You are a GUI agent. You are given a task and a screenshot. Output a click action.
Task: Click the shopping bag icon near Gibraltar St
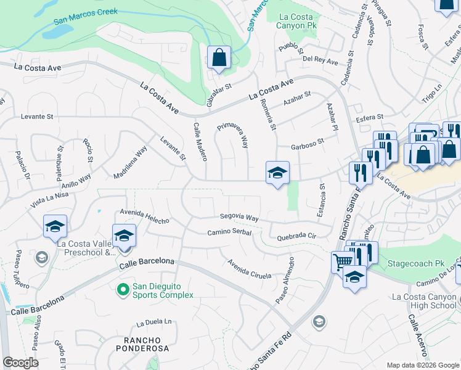219,59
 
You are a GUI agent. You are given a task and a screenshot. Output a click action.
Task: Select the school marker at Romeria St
277,173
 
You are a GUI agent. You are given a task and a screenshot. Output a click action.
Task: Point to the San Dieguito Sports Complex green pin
123,288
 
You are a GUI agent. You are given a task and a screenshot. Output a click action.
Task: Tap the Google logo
21,363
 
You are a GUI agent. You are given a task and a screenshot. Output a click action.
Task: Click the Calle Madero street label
200,142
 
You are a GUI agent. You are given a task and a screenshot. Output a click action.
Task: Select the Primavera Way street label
233,134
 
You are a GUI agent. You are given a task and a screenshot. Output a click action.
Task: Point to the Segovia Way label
240,217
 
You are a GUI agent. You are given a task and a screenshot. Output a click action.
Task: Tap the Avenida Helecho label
144,216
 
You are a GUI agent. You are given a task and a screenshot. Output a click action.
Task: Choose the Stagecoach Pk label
416,263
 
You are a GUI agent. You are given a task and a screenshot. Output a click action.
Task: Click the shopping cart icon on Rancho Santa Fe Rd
343,261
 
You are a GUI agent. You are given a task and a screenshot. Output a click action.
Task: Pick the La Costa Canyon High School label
424,301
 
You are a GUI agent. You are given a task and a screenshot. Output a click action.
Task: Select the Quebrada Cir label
296,236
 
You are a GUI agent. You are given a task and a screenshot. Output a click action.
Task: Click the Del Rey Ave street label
320,62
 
